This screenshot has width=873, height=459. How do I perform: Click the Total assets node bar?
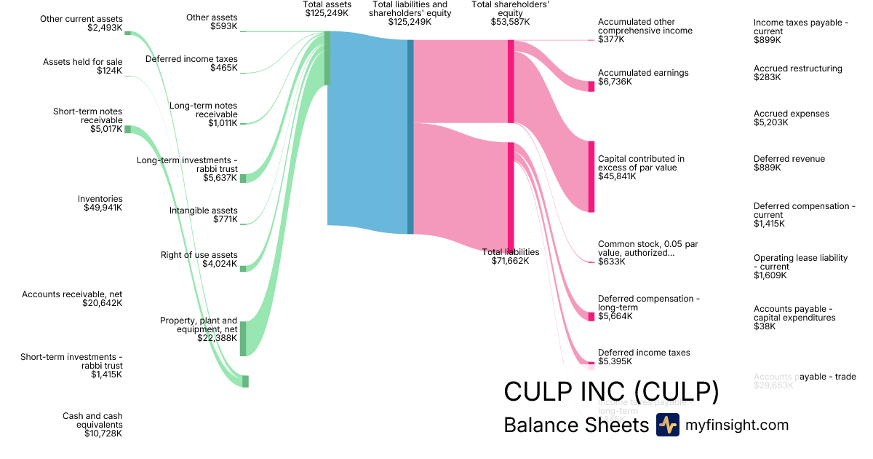[327, 58]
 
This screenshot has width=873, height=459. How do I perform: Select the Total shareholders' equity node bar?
[511, 81]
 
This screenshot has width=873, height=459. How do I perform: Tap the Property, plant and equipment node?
[243, 339]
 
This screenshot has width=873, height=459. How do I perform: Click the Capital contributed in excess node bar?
[591, 176]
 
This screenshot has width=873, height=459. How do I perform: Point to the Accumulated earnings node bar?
[591, 86]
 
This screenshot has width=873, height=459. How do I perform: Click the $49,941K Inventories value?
[103, 208]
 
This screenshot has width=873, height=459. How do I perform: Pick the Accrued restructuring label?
[797, 68]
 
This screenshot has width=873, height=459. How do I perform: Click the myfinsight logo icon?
[667, 425]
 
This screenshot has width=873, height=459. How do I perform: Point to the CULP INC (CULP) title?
[611, 392]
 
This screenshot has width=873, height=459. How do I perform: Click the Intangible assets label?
[204, 211]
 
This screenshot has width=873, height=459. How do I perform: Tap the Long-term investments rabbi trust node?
[243, 178]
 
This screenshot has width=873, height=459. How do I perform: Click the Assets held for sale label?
[83, 62]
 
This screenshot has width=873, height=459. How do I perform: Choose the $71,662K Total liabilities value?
[510, 261]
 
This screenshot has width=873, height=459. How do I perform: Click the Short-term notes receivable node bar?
[127, 129]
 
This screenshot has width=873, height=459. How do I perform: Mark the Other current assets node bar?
[127, 33]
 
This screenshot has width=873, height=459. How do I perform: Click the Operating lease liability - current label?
[800, 262]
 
